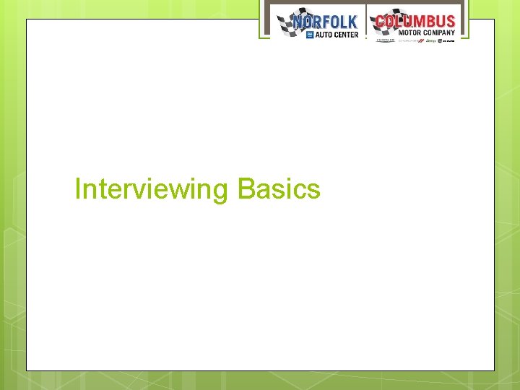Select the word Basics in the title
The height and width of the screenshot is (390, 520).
coord(279,189)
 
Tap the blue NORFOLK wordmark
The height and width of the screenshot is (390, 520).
coord(325,22)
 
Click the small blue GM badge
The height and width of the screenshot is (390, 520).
coord(310,34)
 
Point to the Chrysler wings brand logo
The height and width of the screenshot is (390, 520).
coord(386,40)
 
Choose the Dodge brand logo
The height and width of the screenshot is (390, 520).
coord(410,40)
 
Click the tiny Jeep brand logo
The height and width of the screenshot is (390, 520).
coord(431,40)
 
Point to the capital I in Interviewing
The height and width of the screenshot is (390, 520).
coord(78,189)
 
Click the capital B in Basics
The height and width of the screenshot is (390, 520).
coord(244,189)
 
